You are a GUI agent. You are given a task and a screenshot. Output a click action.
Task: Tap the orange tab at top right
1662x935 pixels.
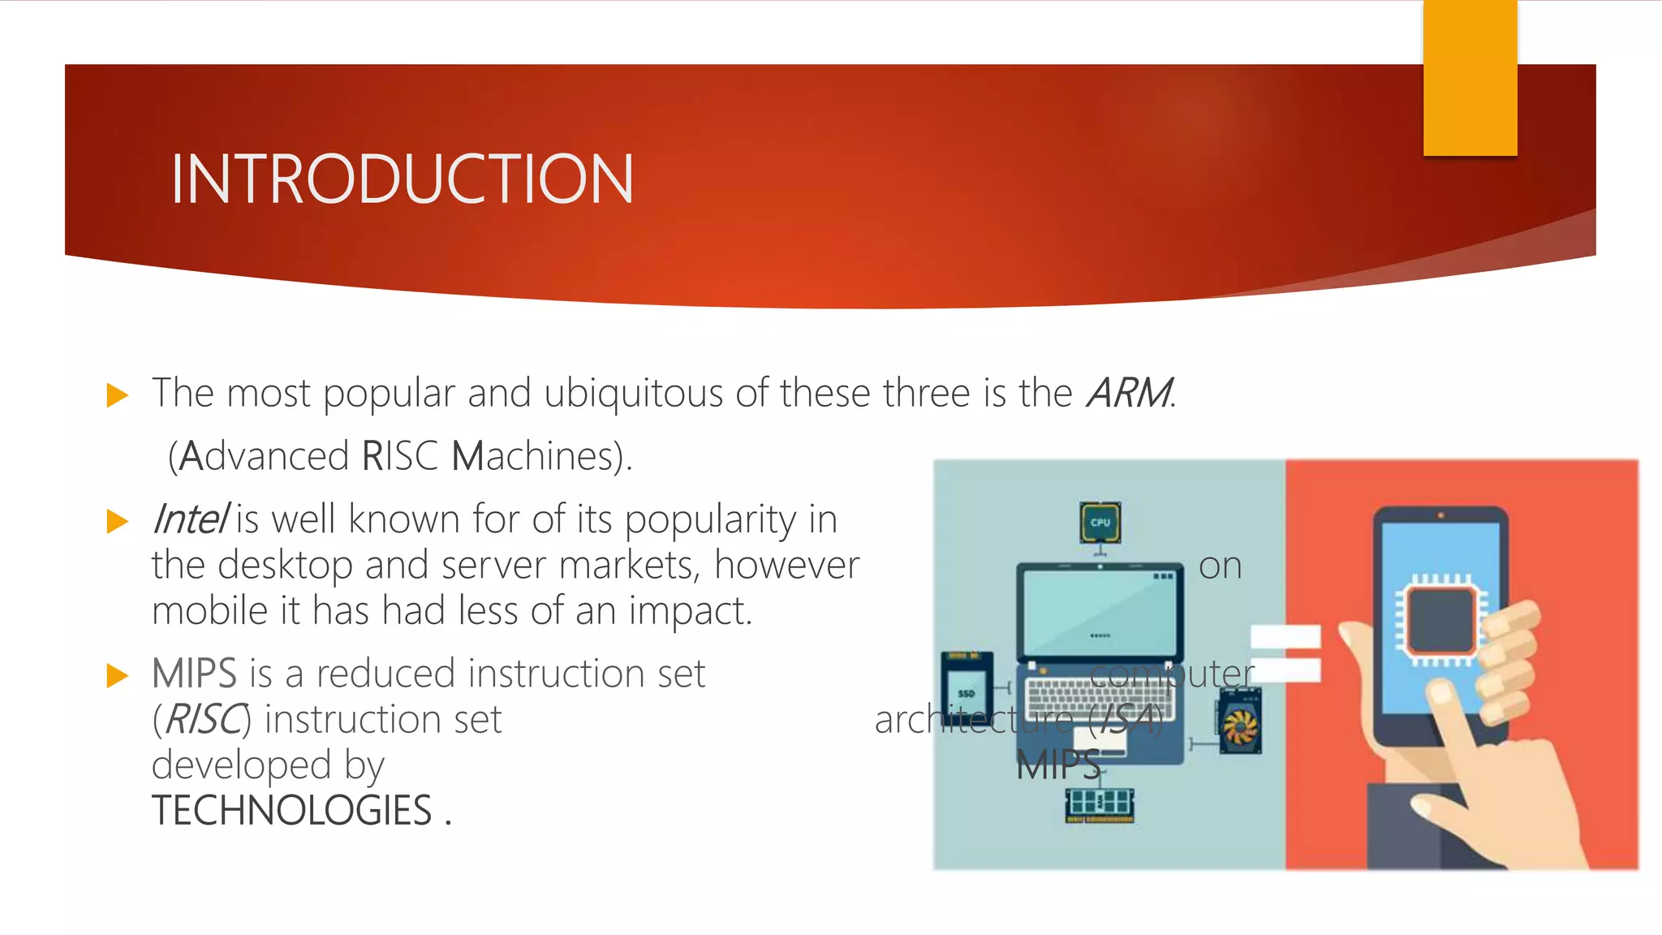click(1470, 78)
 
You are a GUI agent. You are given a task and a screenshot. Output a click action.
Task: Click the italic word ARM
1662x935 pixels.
click(1129, 394)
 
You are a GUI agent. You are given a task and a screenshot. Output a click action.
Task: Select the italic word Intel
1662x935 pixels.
click(190, 519)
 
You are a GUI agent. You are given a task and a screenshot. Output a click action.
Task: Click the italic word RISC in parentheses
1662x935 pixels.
click(202, 720)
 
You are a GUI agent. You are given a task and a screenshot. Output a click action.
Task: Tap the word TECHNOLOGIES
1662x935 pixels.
click(292, 811)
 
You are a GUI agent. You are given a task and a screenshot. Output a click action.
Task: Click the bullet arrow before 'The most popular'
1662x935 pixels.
click(118, 396)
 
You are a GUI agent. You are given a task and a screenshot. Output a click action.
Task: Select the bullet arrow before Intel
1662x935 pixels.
click(118, 521)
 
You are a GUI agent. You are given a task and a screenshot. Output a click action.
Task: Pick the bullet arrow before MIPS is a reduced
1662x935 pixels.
click(118, 675)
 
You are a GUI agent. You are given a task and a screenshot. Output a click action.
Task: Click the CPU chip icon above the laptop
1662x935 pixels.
click(1100, 523)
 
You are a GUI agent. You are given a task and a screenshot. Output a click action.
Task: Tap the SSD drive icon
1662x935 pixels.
click(966, 692)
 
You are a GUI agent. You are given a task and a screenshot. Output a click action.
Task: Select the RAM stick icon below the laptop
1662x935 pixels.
click(1100, 804)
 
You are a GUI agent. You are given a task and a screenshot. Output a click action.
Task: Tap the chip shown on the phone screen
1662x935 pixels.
click(1440, 621)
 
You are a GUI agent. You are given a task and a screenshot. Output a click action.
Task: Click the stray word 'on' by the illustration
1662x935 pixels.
click(1220, 566)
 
